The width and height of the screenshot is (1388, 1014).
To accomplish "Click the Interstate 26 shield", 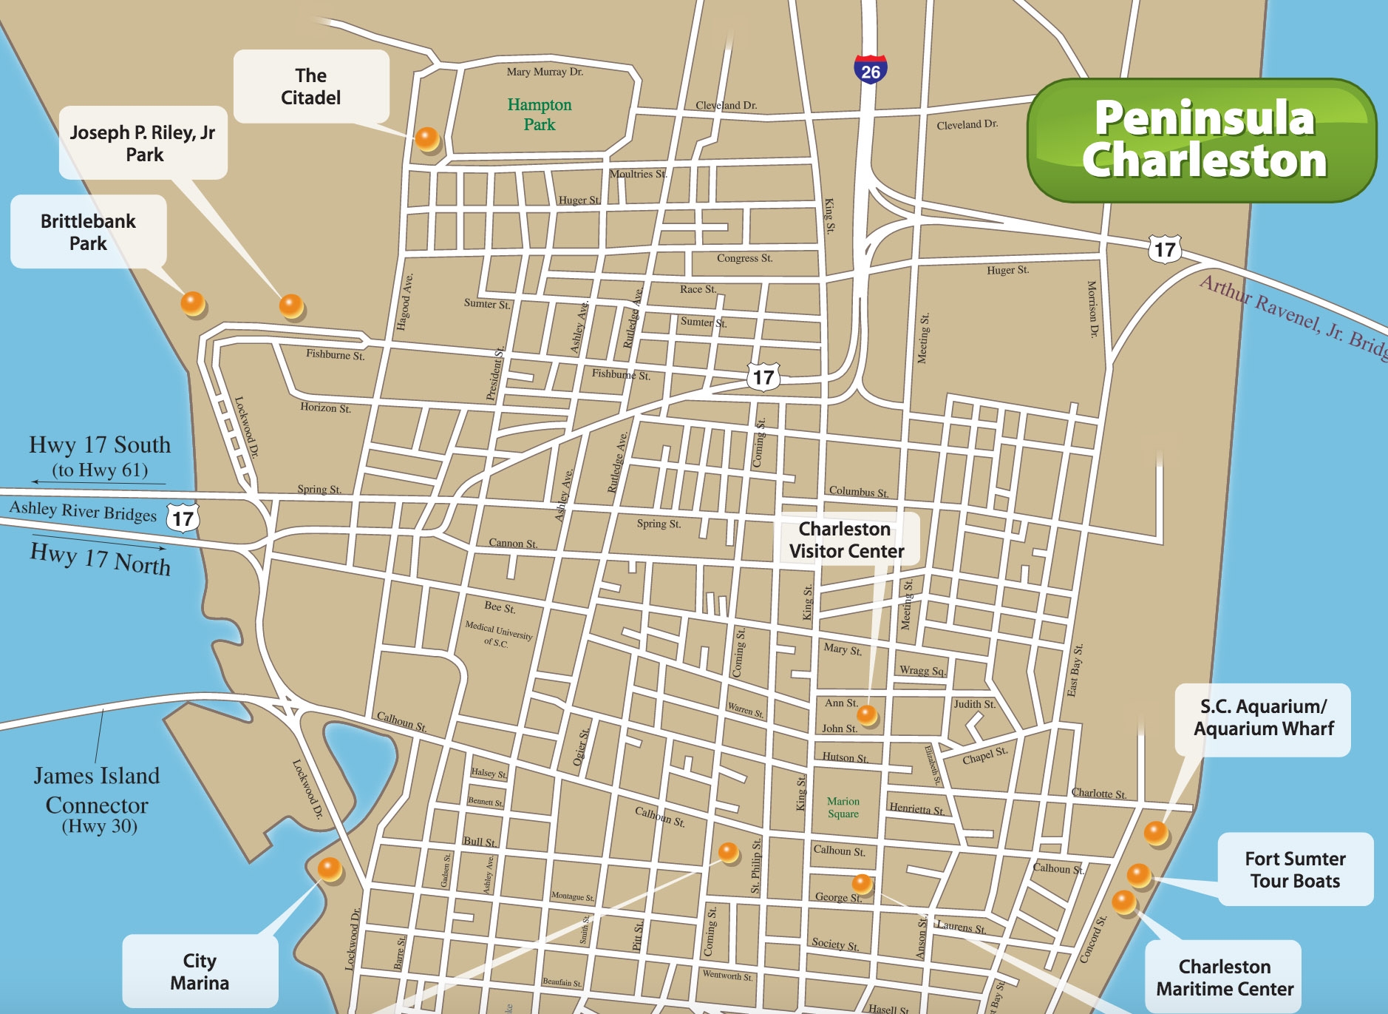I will [870, 70].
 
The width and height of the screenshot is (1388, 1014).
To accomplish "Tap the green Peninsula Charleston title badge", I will [1202, 141].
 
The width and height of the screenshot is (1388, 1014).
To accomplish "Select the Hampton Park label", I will [540, 115].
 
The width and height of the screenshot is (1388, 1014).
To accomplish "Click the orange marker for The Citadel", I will [426, 138].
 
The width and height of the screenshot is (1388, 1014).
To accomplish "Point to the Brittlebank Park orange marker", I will [192, 302].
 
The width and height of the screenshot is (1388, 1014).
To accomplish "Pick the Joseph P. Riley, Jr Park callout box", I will [143, 143].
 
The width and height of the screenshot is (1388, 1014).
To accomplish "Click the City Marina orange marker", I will [329, 868].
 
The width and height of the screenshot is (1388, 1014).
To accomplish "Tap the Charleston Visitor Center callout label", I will [846, 540].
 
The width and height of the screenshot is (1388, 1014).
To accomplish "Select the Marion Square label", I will [843, 807].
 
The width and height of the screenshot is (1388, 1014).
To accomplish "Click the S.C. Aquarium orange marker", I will [1155, 833].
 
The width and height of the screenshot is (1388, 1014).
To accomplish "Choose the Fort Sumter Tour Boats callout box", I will [1295, 870].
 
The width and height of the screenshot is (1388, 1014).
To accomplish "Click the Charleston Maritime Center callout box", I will [1224, 977].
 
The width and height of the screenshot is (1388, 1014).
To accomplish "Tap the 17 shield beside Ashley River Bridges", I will [183, 518].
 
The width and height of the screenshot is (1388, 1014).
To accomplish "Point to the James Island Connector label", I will [97, 800].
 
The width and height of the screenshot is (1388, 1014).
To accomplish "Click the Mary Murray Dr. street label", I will [545, 72].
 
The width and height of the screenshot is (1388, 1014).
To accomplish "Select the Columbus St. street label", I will [858, 491].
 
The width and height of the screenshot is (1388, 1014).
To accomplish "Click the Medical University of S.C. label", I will [498, 635].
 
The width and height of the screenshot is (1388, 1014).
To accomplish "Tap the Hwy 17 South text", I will [100, 445].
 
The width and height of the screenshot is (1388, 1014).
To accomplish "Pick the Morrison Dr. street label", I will [1092, 308].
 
